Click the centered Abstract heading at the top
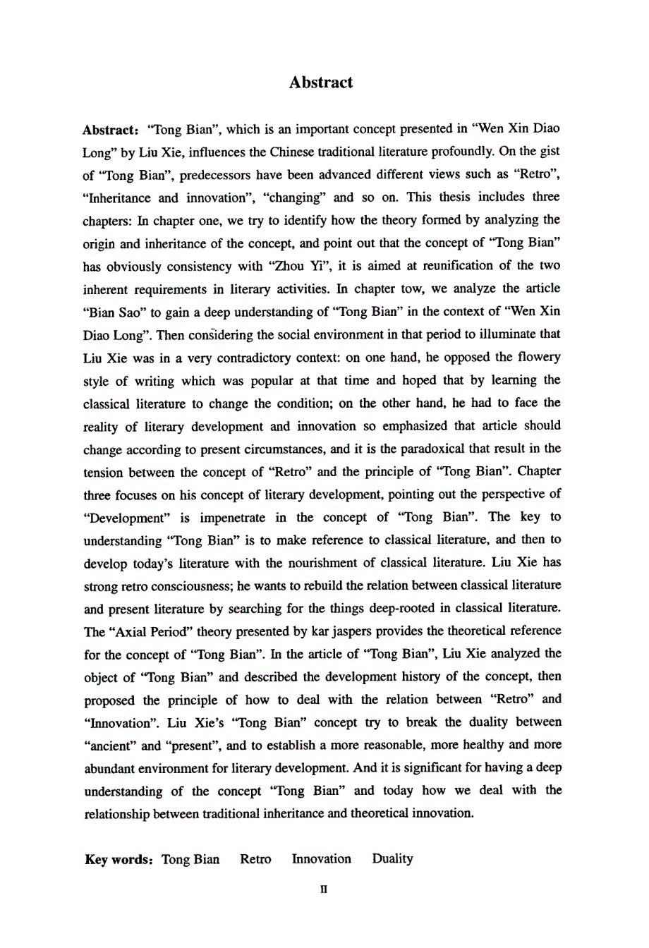320,83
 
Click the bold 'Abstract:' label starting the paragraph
110,129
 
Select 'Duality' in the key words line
392,858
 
